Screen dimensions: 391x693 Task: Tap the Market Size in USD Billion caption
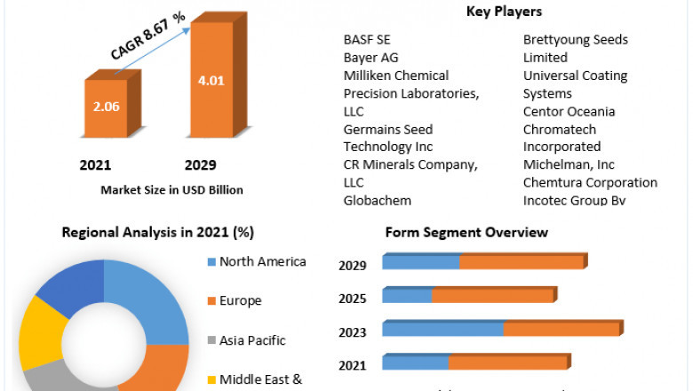pyautogui.click(x=171, y=189)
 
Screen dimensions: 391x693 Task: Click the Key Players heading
pyautogui.click(x=504, y=12)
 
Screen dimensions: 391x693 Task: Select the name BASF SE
pyautogui.click(x=368, y=40)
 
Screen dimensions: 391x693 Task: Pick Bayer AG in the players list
pyautogui.click(x=371, y=58)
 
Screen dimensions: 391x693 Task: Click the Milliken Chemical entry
pyautogui.click(x=396, y=76)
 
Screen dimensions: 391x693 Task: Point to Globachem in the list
pyautogui.click(x=378, y=200)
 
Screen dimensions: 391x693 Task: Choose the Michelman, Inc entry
pyautogui.click(x=569, y=164)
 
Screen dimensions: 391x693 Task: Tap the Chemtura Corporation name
pyautogui.click(x=590, y=182)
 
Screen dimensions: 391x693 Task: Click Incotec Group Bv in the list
pyautogui.click(x=575, y=200)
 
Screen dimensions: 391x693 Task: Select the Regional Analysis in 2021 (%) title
pyautogui.click(x=158, y=233)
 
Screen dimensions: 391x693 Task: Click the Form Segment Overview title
pyautogui.click(x=466, y=233)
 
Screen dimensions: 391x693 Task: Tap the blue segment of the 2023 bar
pyautogui.click(x=442, y=329)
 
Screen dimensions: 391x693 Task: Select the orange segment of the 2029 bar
pyautogui.click(x=522, y=262)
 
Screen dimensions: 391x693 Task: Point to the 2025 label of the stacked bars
pyautogui.click(x=352, y=296)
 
